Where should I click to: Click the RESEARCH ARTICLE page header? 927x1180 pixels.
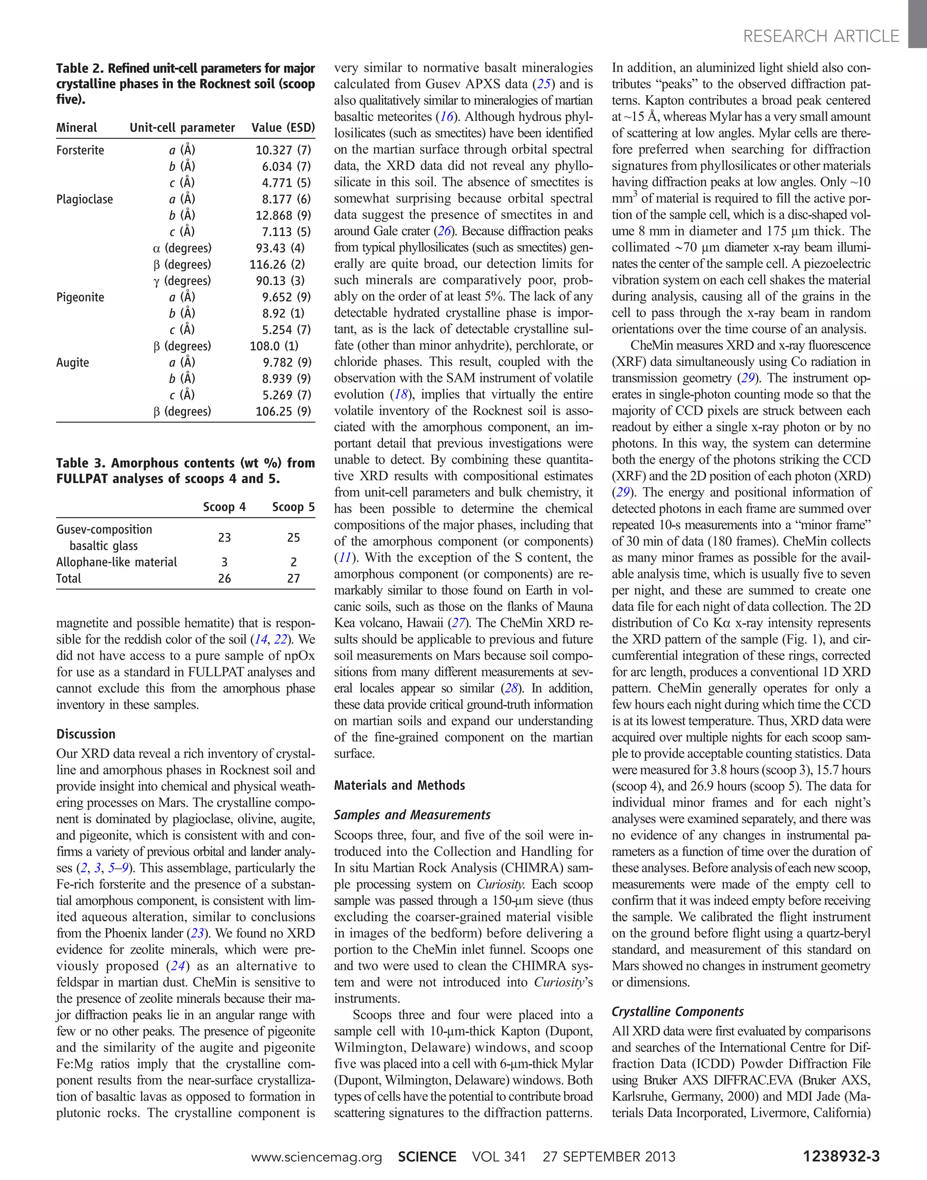[821, 36]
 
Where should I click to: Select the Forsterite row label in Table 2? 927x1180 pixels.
[80, 150]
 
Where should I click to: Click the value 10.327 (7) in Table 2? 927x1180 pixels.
[283, 150]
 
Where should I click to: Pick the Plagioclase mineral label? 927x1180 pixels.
[84, 199]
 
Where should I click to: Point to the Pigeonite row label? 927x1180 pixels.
[80, 297]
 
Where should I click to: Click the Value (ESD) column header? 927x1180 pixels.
[283, 128]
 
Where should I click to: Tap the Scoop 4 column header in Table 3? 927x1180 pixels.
[224, 507]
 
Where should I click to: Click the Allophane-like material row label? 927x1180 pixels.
[116, 562]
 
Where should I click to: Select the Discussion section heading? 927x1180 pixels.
[86, 734]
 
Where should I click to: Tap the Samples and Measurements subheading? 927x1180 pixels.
[412, 815]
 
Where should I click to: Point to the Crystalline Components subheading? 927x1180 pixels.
[677, 1011]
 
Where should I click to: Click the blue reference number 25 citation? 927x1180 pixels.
[542, 84]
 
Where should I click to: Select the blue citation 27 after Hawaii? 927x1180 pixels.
[459, 623]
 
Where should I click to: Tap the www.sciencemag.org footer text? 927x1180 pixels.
[316, 1156]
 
